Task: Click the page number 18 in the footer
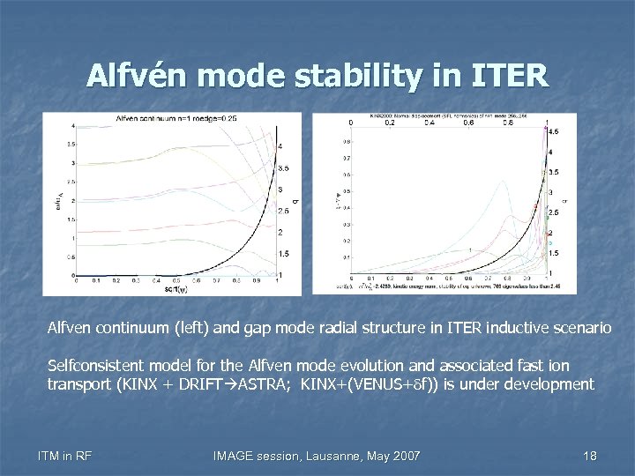click(590, 455)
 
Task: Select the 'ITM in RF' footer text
click(66, 455)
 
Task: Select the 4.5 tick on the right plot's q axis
click(553, 131)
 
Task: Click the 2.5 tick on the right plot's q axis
click(553, 213)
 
